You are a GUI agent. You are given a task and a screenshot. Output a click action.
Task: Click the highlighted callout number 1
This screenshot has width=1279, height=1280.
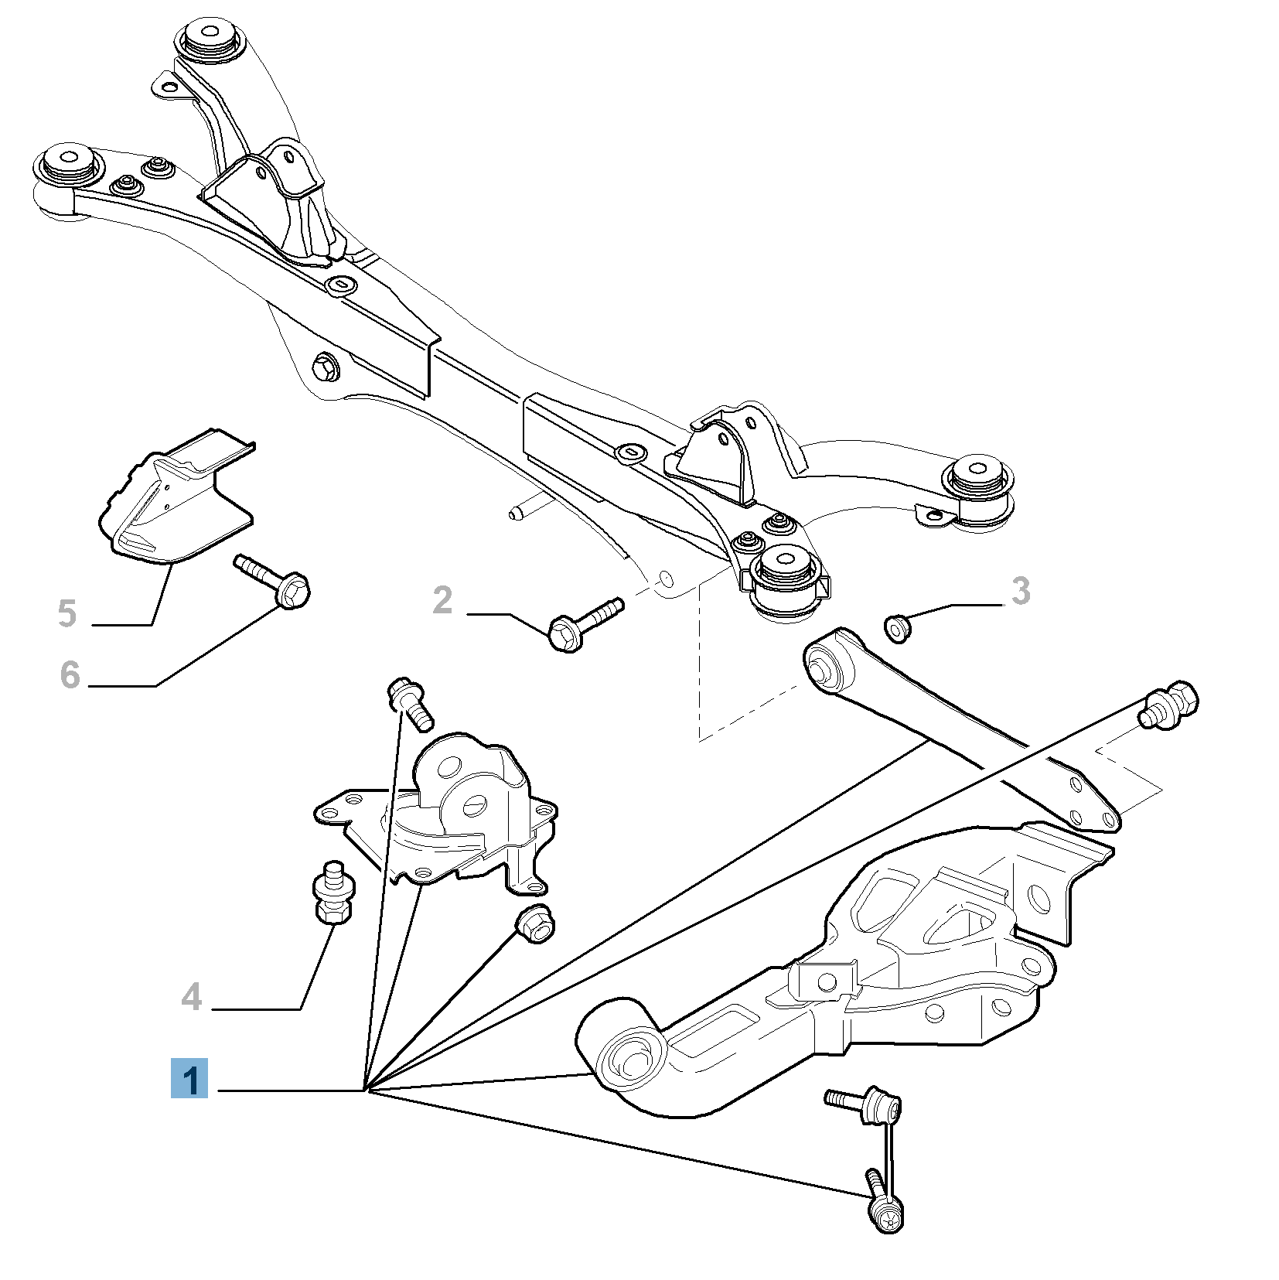pyautogui.click(x=189, y=1078)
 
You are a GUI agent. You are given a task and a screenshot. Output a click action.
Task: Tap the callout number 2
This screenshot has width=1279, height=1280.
pyautogui.click(x=442, y=600)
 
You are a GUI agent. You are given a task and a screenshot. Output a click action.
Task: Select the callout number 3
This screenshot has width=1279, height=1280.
pyautogui.click(x=1021, y=591)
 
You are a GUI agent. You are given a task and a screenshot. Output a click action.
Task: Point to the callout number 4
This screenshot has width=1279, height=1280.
pyautogui.click(x=192, y=996)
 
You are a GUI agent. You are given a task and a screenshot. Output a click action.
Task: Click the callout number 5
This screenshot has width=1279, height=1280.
pyautogui.click(x=67, y=613)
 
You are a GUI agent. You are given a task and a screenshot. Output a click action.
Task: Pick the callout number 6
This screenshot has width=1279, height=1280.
pyautogui.click(x=70, y=674)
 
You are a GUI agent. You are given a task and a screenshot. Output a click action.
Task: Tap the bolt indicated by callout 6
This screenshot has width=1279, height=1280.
pyautogui.click(x=275, y=581)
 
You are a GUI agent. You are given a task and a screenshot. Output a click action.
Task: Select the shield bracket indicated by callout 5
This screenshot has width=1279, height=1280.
pyautogui.click(x=174, y=499)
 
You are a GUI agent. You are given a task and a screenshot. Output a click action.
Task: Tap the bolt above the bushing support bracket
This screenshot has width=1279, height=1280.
pyautogui.click(x=410, y=701)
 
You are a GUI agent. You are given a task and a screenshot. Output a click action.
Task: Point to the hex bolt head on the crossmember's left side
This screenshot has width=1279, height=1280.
pyautogui.click(x=326, y=366)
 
